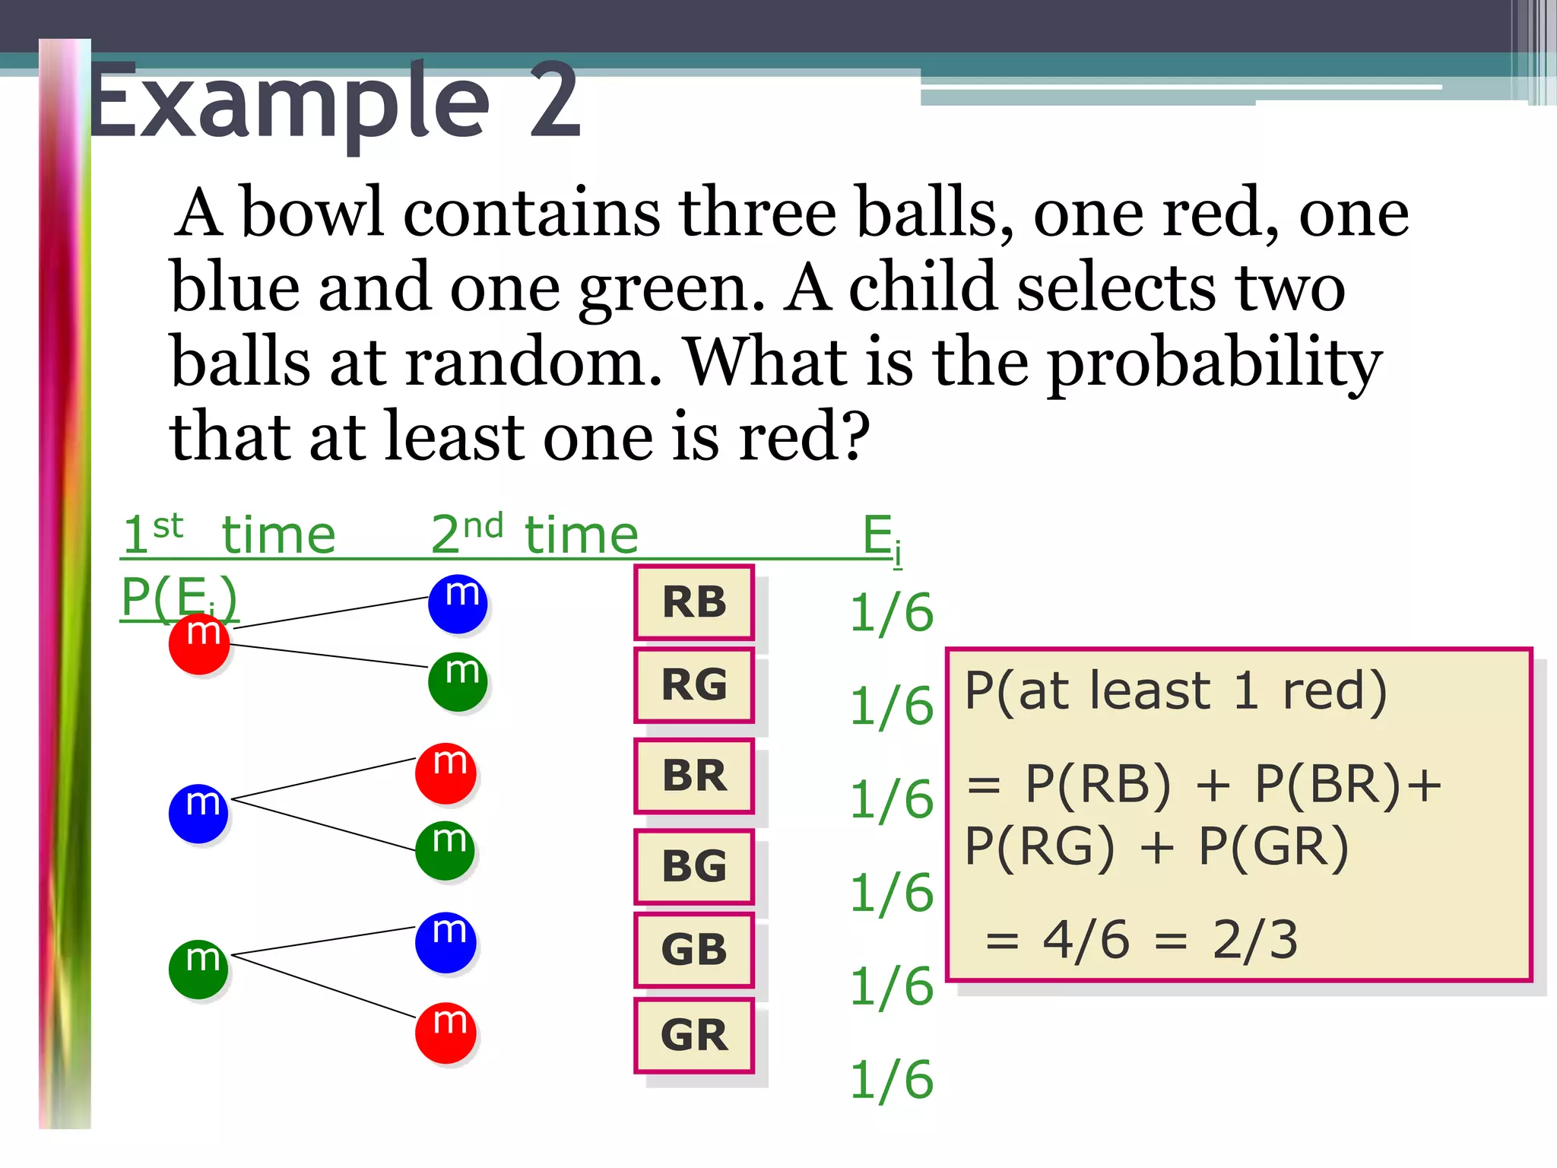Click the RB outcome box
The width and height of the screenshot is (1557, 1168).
point(694,602)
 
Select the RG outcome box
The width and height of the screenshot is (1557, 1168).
point(694,685)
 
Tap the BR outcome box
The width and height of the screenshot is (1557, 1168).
point(694,776)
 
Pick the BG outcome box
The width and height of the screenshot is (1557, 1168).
point(694,866)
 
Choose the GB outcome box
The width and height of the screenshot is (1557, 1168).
point(694,950)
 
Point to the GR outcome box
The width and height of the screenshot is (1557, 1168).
point(694,1035)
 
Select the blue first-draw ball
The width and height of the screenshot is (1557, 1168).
point(198,814)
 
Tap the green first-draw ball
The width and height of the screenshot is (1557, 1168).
point(198,970)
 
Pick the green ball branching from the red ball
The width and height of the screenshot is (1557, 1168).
point(458,682)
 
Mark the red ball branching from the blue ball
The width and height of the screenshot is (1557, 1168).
point(446,773)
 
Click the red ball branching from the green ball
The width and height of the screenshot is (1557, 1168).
point(446,1033)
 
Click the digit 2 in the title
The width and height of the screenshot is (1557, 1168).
point(555,103)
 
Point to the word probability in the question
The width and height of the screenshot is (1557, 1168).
point(1214,363)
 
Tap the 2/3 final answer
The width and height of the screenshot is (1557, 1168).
point(1254,940)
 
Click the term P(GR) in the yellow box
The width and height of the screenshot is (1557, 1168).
point(1273,846)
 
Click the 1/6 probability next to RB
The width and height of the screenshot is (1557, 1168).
point(891,613)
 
